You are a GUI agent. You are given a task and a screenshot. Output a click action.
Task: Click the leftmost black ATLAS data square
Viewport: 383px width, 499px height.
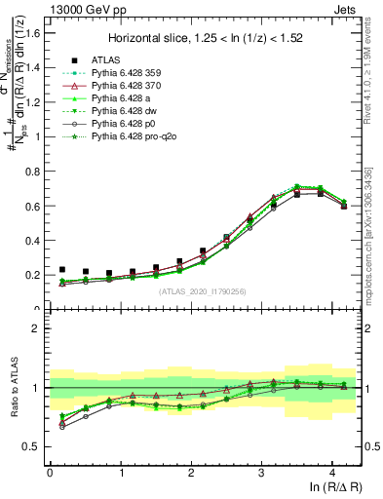(x=62, y=269)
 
